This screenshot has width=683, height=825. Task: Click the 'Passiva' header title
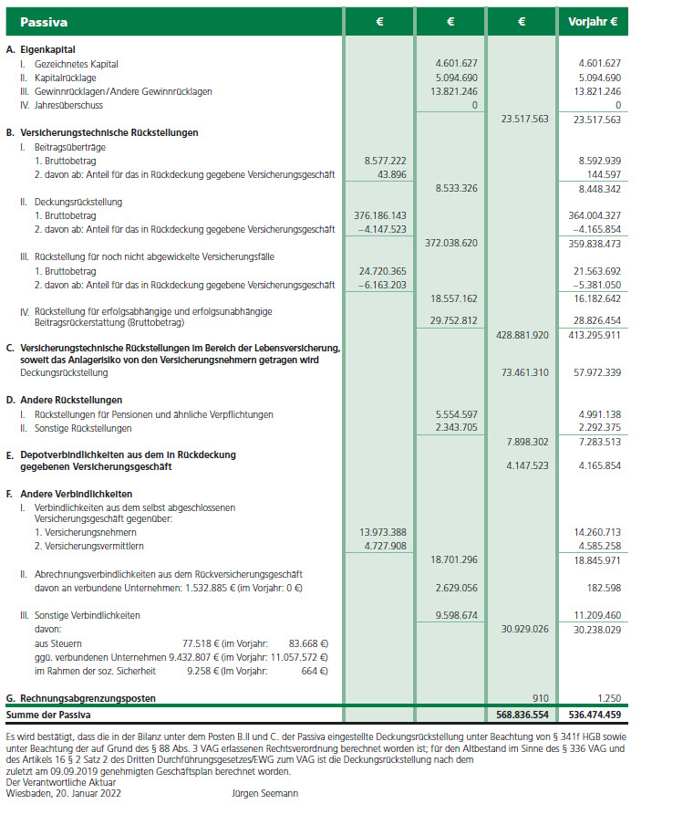tap(43, 21)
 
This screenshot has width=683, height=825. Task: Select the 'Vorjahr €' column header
tap(592, 21)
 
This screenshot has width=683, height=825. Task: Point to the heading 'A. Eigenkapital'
tap(40, 48)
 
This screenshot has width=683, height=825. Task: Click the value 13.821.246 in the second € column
tap(451, 91)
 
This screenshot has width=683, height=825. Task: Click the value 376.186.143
tap(378, 215)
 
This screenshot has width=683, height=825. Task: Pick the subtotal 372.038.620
tap(451, 244)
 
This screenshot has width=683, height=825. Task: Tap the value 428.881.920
tap(523, 335)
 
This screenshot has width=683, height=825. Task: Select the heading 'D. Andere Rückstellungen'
tap(64, 400)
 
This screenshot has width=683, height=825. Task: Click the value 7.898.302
tap(525, 442)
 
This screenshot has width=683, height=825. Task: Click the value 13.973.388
tap(380, 532)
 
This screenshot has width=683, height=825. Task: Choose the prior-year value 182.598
tap(600, 588)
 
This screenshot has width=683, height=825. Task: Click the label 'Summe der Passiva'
tap(46, 715)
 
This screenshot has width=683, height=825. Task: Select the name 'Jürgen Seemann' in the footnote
tap(264, 794)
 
